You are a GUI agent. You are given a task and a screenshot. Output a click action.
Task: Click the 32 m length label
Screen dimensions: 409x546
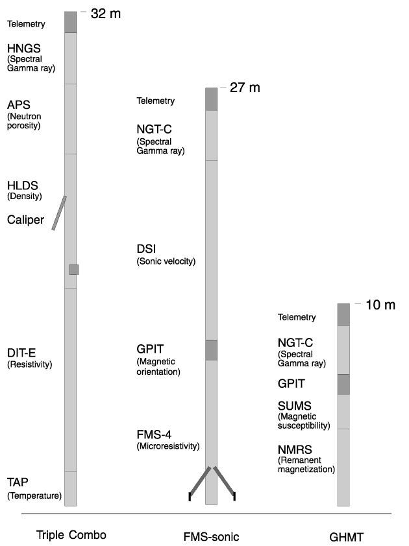106,14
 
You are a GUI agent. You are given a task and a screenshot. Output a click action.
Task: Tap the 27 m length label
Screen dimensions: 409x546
245,88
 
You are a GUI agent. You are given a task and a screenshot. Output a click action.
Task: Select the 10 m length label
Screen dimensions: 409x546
380,305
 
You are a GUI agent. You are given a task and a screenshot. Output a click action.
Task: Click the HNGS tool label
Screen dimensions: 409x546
24,49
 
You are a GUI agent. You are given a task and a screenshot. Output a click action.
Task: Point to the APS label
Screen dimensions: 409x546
18,105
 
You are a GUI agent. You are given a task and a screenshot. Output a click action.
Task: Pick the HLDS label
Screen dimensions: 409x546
22,185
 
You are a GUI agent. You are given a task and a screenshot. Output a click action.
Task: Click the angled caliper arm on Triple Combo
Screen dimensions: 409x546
59,213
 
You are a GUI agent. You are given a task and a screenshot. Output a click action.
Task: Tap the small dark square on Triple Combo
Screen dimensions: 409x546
74,270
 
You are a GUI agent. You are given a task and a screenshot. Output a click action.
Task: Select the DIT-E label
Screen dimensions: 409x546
21,353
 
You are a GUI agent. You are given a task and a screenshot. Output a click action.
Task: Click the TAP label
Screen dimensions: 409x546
18,482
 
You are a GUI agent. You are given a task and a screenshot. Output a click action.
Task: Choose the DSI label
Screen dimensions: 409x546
146,249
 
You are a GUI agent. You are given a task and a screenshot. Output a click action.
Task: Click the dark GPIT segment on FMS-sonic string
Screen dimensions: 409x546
211,350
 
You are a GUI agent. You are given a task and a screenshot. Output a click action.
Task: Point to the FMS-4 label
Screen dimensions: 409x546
154,434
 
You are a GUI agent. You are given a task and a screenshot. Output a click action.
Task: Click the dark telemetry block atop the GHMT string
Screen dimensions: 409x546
343,314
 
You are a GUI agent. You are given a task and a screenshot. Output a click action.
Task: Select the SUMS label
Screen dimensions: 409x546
295,406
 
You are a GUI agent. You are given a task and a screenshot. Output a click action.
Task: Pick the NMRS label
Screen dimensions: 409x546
295,450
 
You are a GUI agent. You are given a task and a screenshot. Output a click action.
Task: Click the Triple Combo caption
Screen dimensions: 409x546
71,535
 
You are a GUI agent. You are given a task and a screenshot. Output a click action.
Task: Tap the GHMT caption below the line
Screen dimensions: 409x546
346,537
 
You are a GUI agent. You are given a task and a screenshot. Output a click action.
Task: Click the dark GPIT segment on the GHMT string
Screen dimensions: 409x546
343,385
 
